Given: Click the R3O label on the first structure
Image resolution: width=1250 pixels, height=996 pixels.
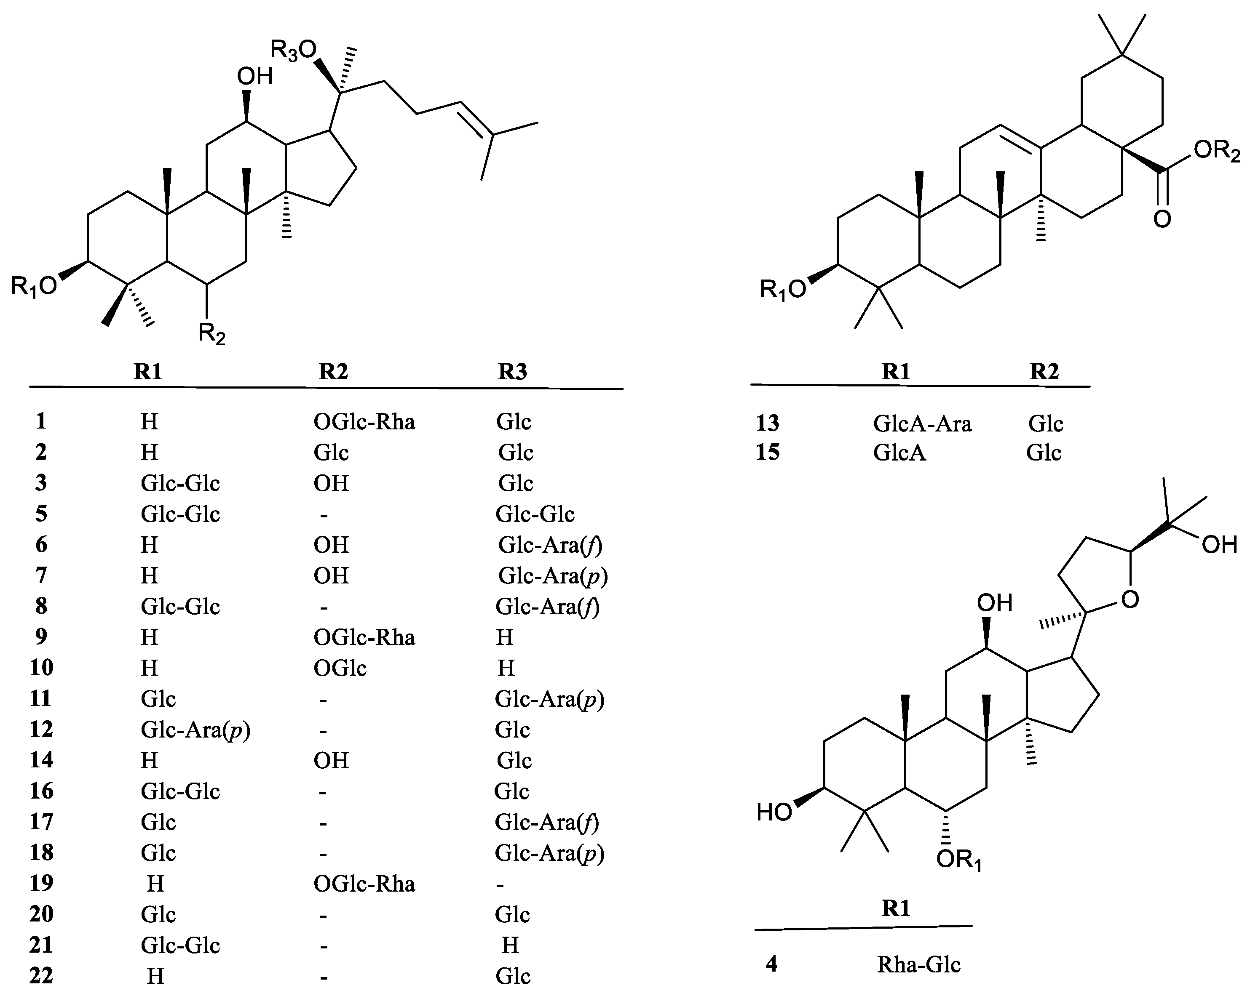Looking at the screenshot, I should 294,51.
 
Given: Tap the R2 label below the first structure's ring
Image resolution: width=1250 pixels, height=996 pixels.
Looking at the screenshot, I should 211,334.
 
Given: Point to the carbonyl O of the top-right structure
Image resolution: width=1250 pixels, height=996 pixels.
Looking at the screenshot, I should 1162,219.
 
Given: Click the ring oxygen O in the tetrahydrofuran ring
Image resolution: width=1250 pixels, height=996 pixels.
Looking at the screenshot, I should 1130,600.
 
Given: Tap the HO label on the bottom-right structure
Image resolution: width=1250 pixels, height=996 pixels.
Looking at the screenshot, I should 774,813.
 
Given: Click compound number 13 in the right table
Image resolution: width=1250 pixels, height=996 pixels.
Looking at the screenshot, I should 768,423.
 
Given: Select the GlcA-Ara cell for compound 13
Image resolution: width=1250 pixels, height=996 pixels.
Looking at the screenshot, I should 922,423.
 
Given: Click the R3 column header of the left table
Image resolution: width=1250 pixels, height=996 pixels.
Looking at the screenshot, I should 513,371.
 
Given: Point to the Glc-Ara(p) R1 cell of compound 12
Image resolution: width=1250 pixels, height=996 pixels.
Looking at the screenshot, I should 195,730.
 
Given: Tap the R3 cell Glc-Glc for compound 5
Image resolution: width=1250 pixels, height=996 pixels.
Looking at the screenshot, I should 535,514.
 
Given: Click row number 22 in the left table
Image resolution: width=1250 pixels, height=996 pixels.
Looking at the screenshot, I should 41,976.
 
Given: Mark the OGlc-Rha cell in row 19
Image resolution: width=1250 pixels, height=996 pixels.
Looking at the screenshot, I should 364,884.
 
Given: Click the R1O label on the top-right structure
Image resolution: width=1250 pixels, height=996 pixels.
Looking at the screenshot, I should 783,288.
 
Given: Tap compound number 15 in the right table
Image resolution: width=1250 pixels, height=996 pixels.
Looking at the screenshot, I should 768,453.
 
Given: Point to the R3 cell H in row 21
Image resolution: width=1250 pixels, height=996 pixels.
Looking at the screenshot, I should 510,945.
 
